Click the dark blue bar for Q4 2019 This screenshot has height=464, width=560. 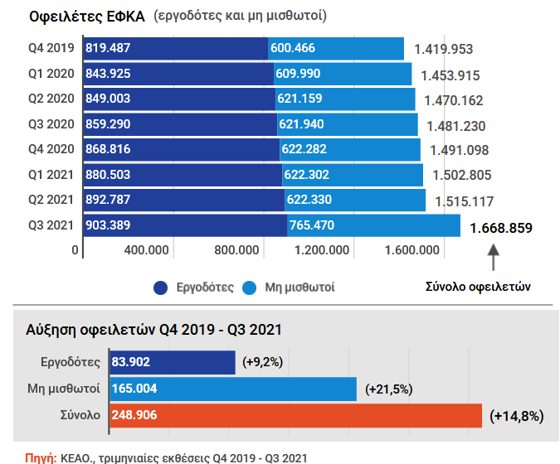pos(175,48)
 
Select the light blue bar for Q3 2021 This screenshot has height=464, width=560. pos(373,225)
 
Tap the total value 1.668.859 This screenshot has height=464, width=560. pos(500,228)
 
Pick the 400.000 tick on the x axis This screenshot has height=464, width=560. pos(147,250)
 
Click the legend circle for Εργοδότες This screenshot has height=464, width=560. pos(162,288)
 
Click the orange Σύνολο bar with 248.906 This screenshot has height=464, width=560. pos(295,414)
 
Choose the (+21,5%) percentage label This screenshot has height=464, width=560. pos(388,389)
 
